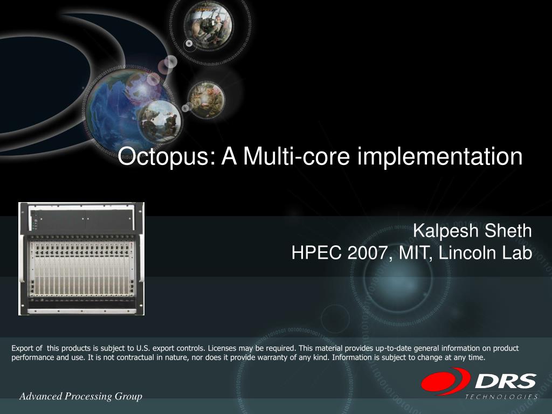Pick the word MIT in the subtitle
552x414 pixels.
(x=415, y=253)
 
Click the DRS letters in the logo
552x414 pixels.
(x=506, y=381)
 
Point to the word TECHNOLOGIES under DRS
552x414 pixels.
(x=501, y=397)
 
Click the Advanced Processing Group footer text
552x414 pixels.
(x=81, y=397)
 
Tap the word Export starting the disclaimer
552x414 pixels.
(x=23, y=348)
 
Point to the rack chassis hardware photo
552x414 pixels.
(x=81, y=259)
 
